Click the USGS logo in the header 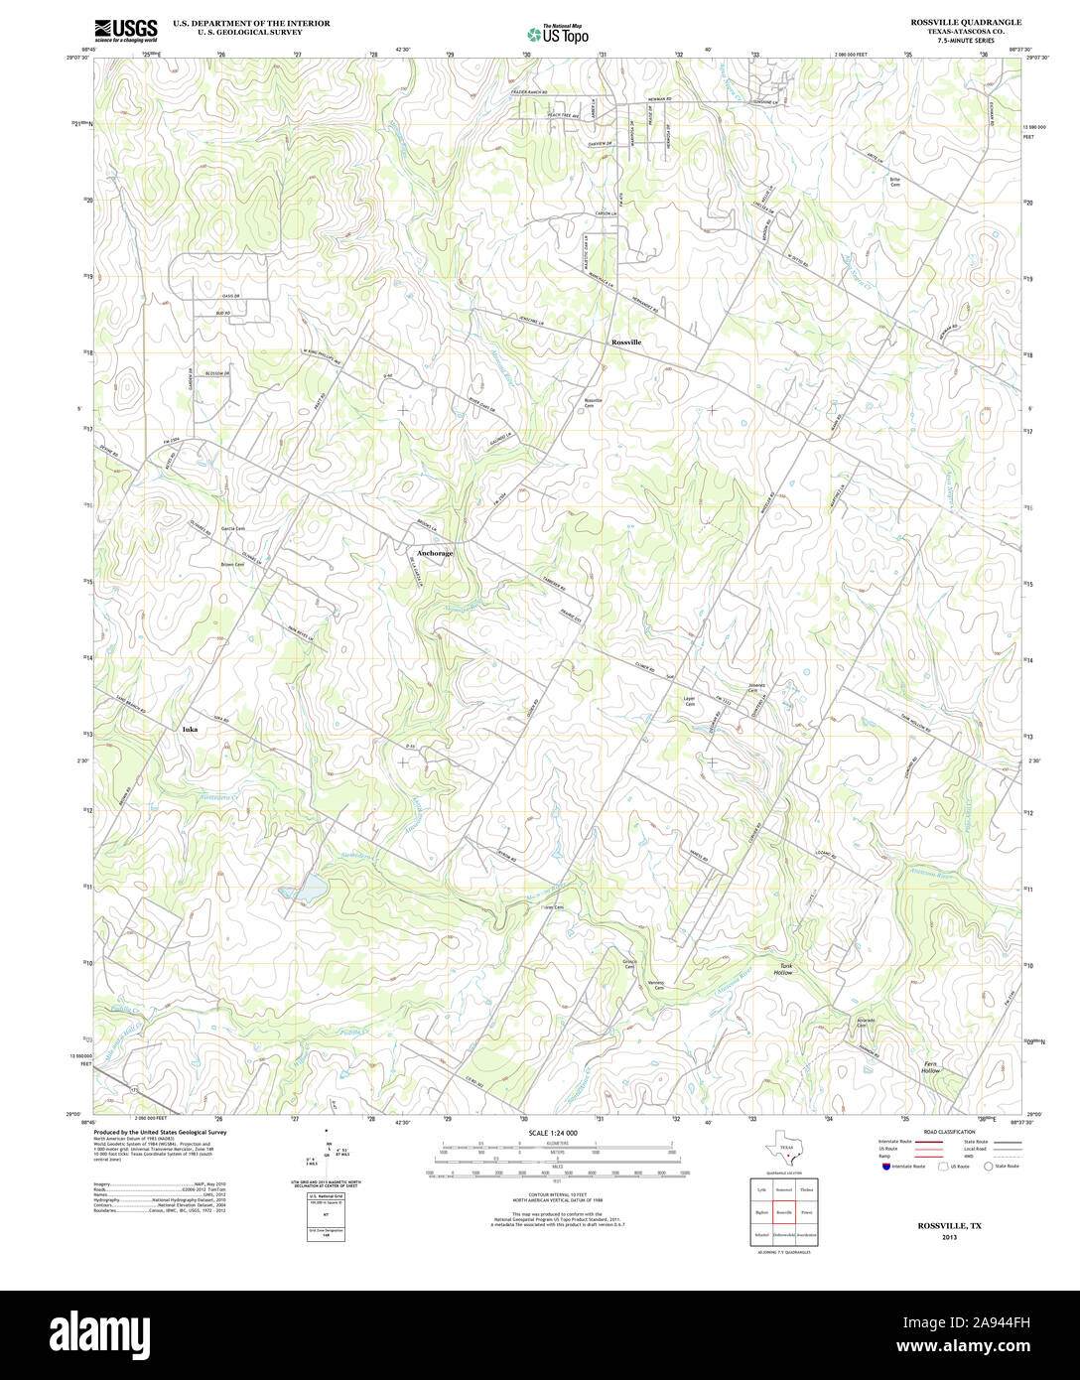coord(125,30)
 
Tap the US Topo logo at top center coord(557,33)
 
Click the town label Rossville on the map coord(626,342)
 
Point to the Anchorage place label coord(435,553)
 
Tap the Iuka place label coord(190,730)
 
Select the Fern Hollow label coord(930,1067)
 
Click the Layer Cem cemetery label coord(689,701)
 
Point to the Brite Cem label coord(894,181)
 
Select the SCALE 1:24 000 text coord(553,1133)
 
